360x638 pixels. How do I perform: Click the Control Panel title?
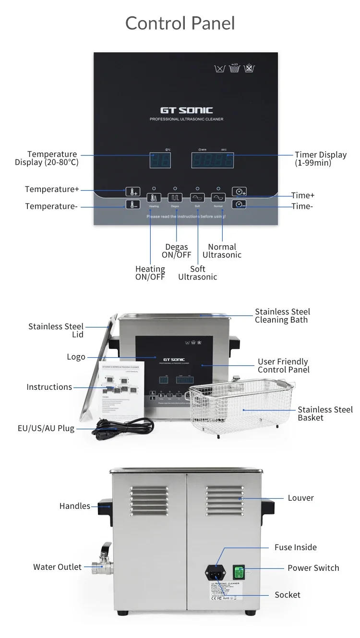coord(180,23)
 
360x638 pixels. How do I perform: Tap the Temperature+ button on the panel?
coord(132,192)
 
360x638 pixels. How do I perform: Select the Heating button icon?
coord(154,197)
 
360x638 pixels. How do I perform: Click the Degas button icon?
coord(175,197)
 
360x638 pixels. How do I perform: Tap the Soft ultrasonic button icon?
coord(197,197)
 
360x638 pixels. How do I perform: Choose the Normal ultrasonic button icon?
coord(218,197)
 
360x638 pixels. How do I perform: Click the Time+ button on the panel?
coord(239,192)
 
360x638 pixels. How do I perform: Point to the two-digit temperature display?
coord(160,160)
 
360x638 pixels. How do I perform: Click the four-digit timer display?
coord(213,160)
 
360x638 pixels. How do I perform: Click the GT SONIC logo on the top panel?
coord(186,110)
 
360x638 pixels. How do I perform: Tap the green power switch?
coord(239,572)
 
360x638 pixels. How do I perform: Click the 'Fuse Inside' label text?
coord(295,547)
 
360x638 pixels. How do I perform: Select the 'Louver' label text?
coord(300,498)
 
